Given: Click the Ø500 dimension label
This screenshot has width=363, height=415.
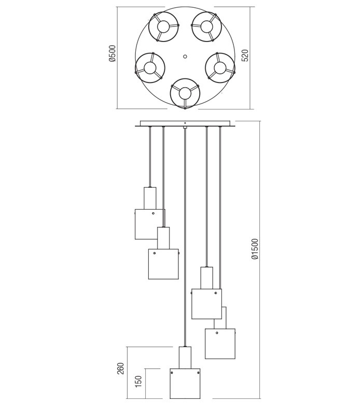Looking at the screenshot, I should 112,53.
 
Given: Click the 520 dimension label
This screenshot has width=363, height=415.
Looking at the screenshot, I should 245,56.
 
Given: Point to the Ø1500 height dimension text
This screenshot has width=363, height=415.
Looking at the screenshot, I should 255,249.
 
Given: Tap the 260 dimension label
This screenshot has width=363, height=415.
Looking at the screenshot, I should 120,368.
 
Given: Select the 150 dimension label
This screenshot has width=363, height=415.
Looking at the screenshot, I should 138,381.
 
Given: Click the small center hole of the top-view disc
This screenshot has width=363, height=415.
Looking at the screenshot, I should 185,57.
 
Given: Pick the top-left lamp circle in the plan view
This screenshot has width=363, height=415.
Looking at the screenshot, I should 163,26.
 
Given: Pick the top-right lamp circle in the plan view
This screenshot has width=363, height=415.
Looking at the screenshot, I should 206,26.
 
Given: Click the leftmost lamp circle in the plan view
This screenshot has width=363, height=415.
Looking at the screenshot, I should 150,68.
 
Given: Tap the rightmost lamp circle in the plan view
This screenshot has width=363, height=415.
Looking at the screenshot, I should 220,68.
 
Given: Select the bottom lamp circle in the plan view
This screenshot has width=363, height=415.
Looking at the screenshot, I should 185,93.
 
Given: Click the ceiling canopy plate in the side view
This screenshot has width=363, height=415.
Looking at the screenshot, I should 185,123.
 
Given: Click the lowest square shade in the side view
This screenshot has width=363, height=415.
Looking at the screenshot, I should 185,384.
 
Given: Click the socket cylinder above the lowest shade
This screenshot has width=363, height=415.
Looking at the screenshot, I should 185,357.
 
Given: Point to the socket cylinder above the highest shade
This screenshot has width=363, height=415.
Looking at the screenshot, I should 150,198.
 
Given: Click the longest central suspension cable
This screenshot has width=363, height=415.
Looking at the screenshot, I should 185,233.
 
